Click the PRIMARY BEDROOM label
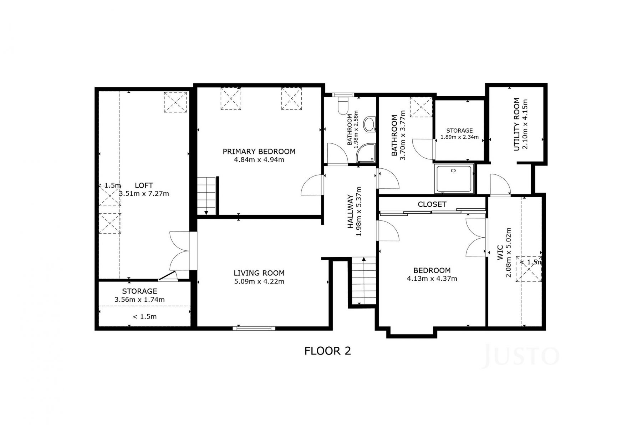(x=259, y=152)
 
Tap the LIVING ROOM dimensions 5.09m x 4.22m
(x=259, y=281)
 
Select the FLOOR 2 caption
(x=327, y=351)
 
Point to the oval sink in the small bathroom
(x=369, y=125)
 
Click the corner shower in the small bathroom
(x=366, y=154)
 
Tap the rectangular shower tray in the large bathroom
(x=454, y=179)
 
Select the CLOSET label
(x=432, y=204)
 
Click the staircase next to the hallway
(x=364, y=280)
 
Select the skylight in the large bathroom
(x=421, y=107)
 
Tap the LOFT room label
(x=144, y=185)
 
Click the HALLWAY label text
(x=351, y=212)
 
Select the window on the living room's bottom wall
(x=254, y=328)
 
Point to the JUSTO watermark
(x=520, y=356)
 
